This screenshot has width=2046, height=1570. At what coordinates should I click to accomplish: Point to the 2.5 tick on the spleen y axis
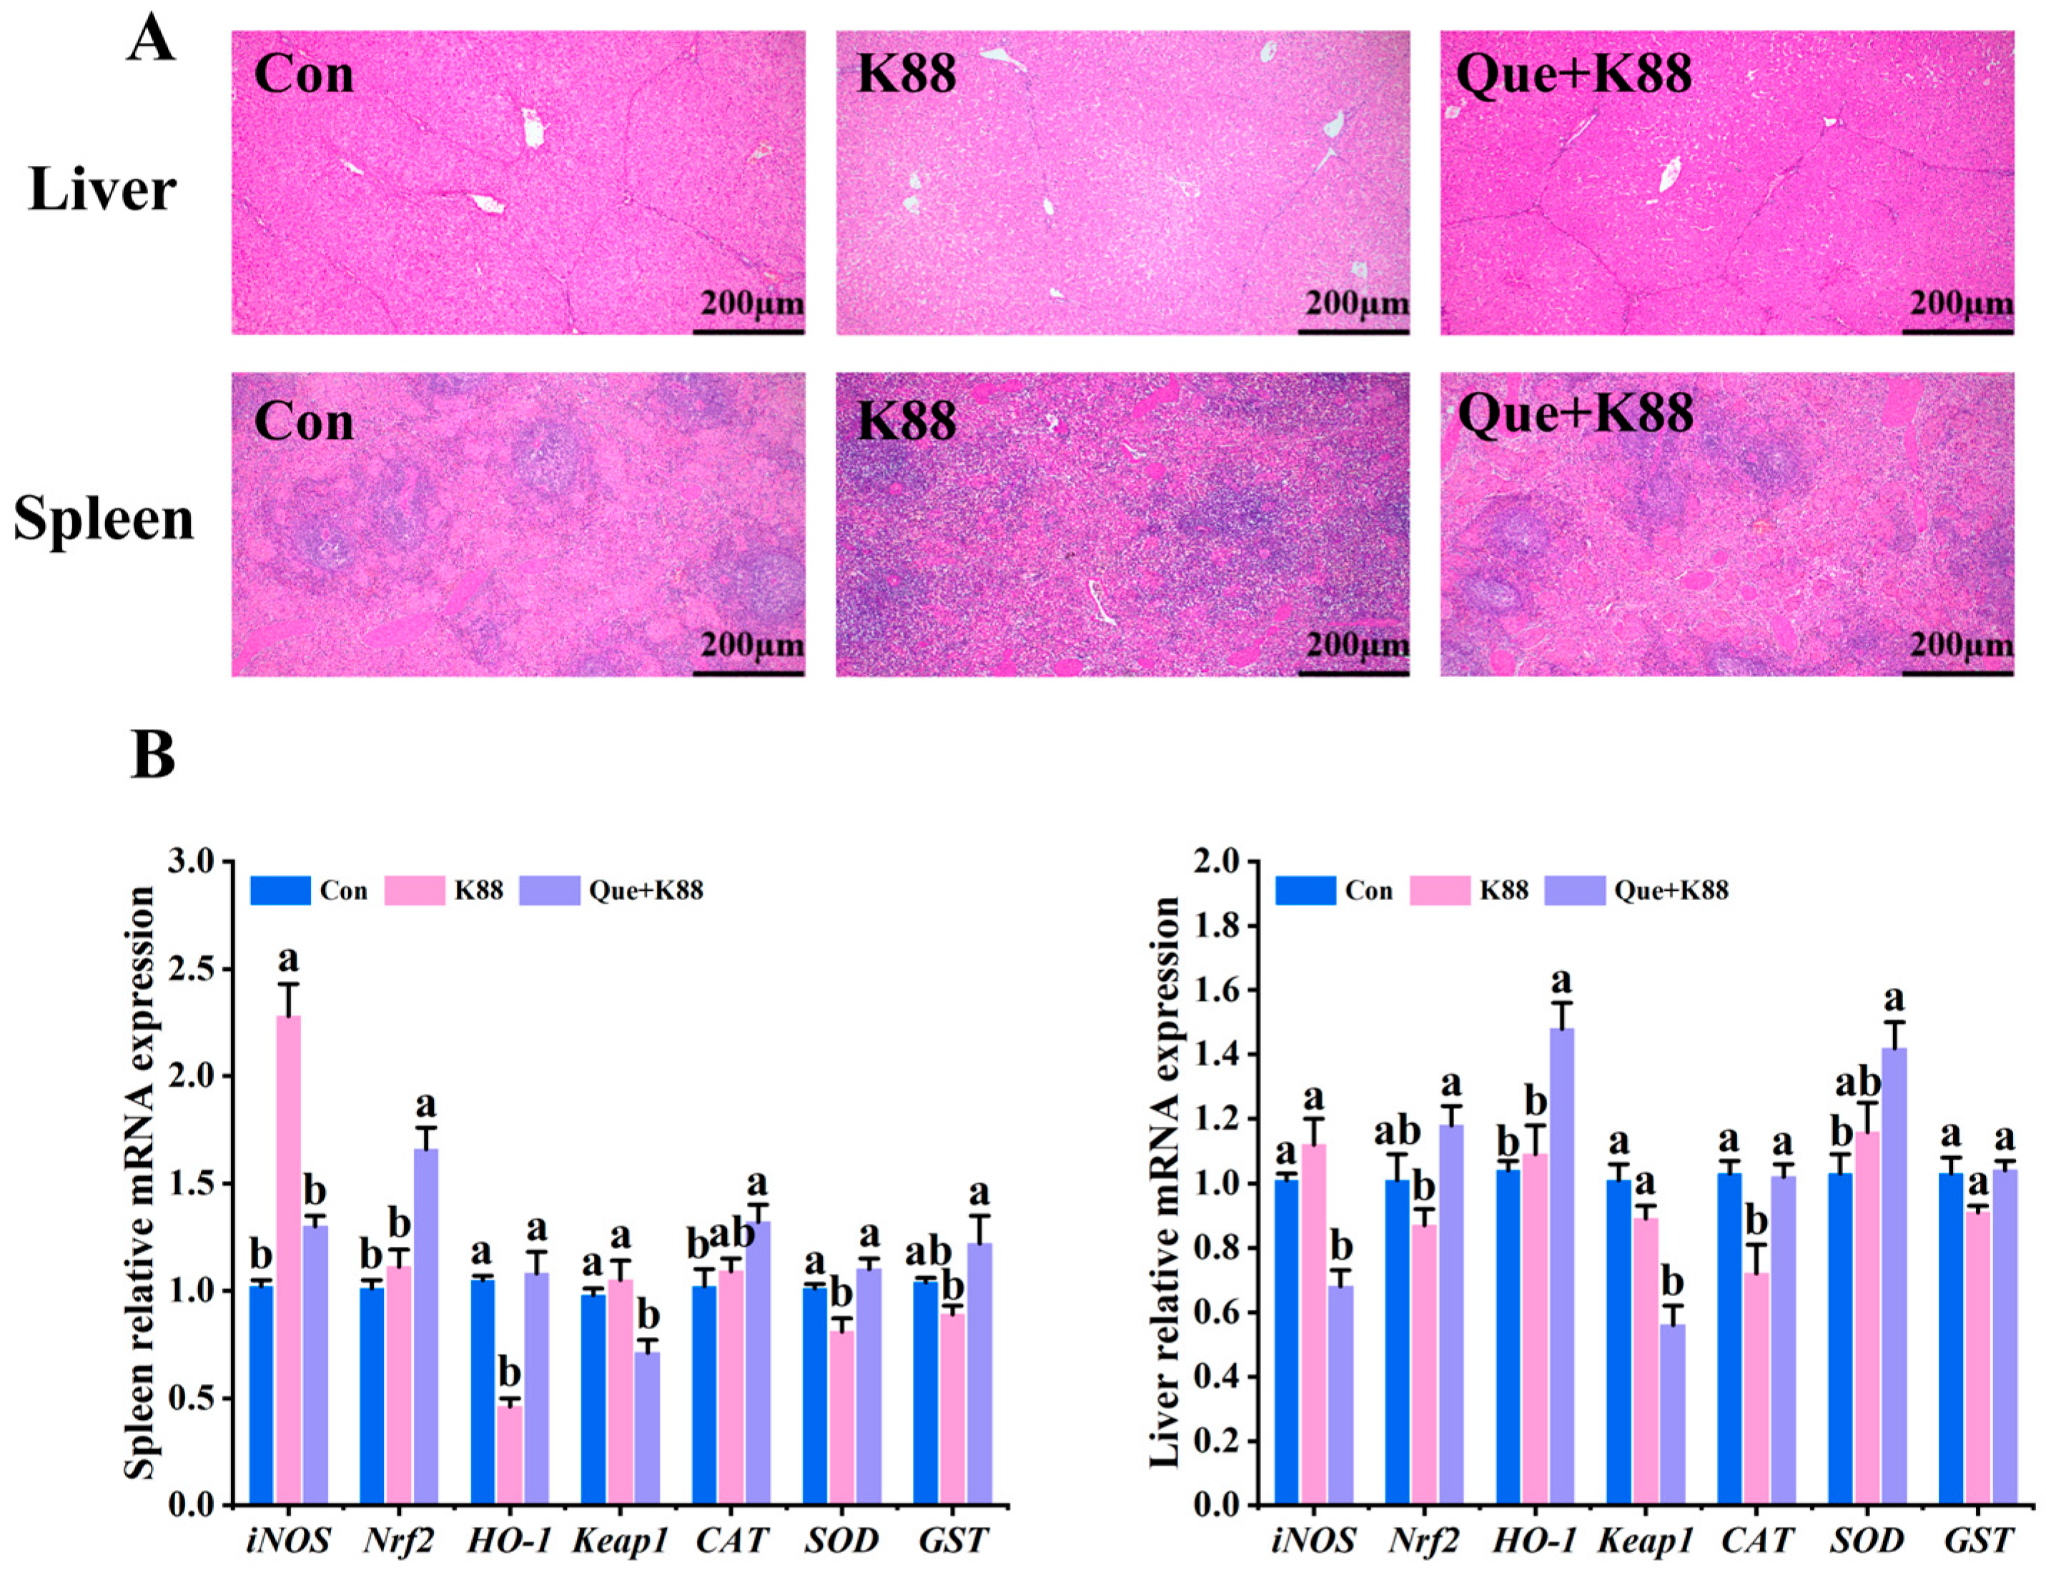coord(204,969)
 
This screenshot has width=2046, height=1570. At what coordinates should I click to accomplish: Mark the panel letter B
coord(152,755)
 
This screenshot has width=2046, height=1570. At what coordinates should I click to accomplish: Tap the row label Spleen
coord(103,520)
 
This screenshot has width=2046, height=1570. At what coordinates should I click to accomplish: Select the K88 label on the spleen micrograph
coord(906,420)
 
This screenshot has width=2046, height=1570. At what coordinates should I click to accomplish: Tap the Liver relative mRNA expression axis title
coord(1164,1183)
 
